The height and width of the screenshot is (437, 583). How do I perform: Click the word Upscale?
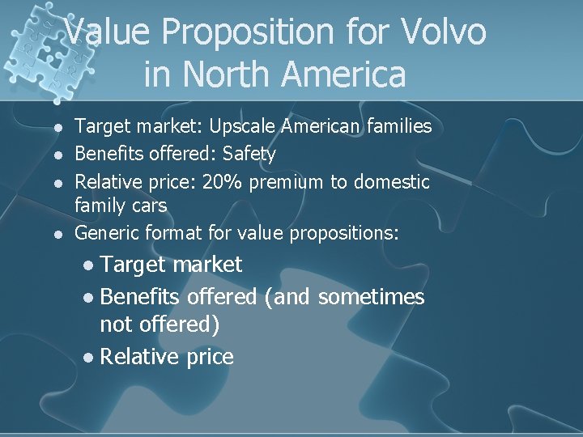click(244, 126)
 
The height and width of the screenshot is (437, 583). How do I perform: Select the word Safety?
click(249, 153)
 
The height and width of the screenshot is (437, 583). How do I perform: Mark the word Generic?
click(107, 233)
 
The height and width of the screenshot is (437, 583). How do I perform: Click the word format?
click(171, 233)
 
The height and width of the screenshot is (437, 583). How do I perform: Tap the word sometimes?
click(372, 297)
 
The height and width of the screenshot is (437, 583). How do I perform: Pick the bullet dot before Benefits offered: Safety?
click(57, 154)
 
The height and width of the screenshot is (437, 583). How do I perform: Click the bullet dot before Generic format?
click(57, 234)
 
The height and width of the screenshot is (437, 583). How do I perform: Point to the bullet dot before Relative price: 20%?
click(57, 180)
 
